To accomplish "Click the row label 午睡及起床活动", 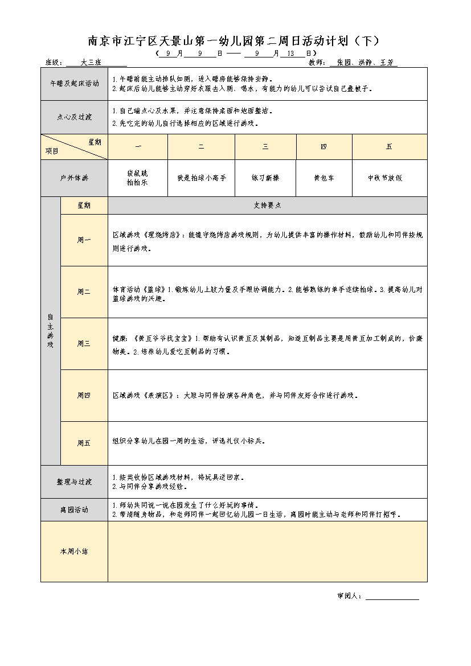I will click(74, 83).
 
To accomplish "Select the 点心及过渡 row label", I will click(74, 117).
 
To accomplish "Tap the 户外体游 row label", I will click(74, 178).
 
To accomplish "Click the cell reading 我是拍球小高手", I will click(201, 178).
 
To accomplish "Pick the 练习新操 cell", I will click(265, 178).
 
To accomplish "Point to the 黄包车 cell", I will click(324, 178).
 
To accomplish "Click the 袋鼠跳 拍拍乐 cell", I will click(137, 178).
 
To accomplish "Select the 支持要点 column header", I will click(267, 205).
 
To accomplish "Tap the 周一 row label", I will click(84, 240).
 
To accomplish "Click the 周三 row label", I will click(84, 343).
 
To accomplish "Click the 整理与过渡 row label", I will click(74, 482).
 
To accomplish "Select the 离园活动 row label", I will click(74, 510).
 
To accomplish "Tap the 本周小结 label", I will click(74, 551).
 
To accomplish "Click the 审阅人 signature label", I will click(349, 596).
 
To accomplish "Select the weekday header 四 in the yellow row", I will click(323, 147).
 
